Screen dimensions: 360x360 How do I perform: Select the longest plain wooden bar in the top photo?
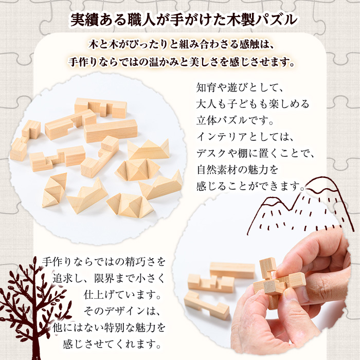click(x=111, y=131)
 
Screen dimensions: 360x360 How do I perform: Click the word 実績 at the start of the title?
click(x=84, y=20)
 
